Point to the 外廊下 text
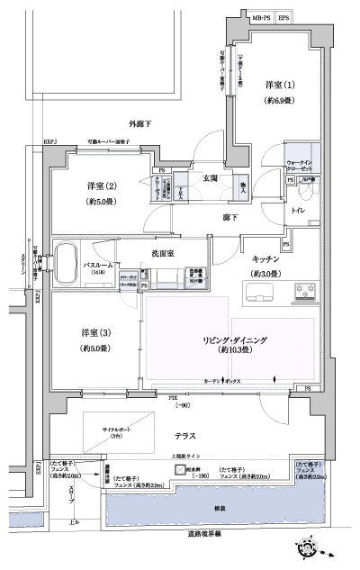click(142, 123)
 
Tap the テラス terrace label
click(184, 436)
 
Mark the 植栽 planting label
click(219, 509)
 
